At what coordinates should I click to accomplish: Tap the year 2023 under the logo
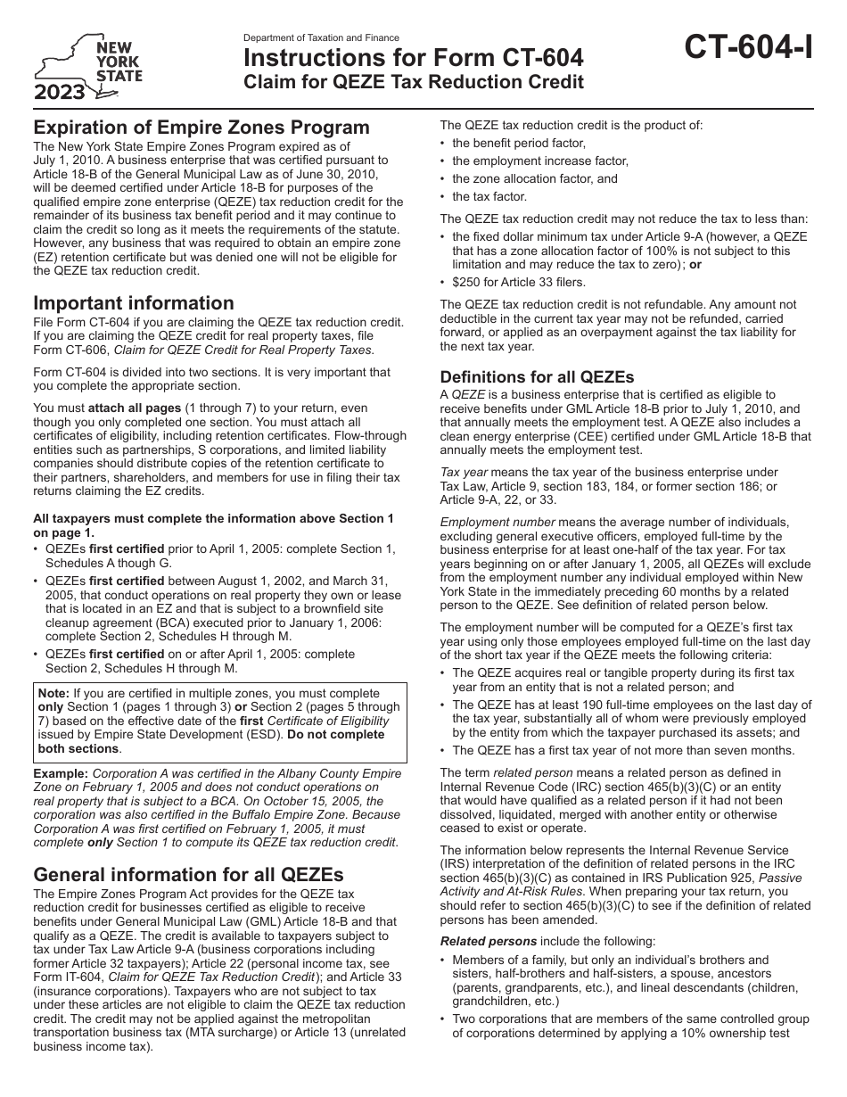pos(62,91)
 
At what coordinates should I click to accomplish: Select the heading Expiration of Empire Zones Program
pos(201,128)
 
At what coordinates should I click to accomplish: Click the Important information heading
pos(134,302)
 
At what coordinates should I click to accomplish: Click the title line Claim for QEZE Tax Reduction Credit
pos(414,83)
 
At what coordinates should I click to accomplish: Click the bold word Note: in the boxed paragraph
pos(54,692)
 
